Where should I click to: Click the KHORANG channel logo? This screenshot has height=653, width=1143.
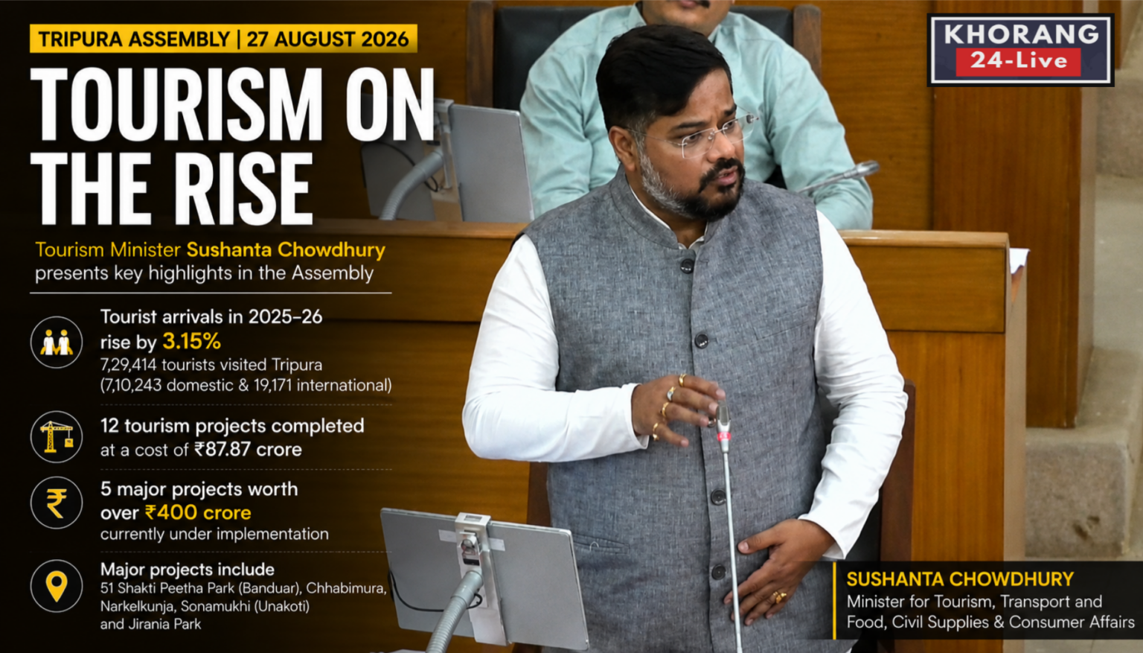[1020, 50]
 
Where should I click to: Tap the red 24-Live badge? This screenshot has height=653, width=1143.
[1019, 62]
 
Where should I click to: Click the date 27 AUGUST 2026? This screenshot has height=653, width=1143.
[327, 39]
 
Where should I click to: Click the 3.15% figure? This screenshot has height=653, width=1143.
[191, 341]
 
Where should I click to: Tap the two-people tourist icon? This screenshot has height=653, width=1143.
[56, 342]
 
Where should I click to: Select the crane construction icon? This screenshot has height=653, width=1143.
[56, 437]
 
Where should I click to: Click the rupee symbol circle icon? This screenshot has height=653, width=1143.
[56, 503]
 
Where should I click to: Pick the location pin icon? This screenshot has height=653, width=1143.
[56, 585]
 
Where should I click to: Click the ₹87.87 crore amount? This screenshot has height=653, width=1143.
[248, 449]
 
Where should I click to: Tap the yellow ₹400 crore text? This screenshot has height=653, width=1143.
[198, 512]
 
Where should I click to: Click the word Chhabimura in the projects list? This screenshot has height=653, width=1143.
[347, 589]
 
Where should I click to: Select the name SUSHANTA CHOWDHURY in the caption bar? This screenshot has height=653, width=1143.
[960, 579]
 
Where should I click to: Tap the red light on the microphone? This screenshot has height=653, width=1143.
[723, 436]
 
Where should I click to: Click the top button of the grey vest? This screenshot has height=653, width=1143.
[688, 265]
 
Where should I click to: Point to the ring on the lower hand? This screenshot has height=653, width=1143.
[779, 596]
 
